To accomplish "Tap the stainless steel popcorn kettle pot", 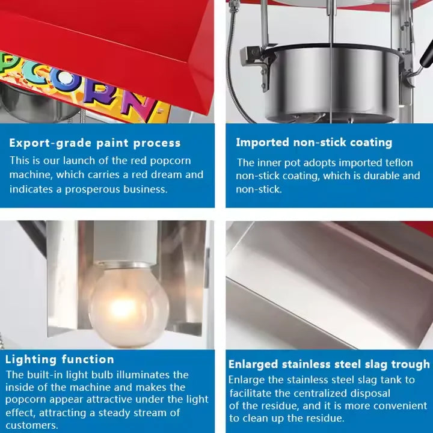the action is pos(331,82).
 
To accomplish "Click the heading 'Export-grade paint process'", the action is pos(95,143).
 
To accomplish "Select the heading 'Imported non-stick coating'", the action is pos(314,143).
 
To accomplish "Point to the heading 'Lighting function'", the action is pos(60,359).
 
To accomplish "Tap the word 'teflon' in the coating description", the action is pos(399,162).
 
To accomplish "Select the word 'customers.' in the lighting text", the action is pos(32,425).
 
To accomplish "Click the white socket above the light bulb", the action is pos(125,243).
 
